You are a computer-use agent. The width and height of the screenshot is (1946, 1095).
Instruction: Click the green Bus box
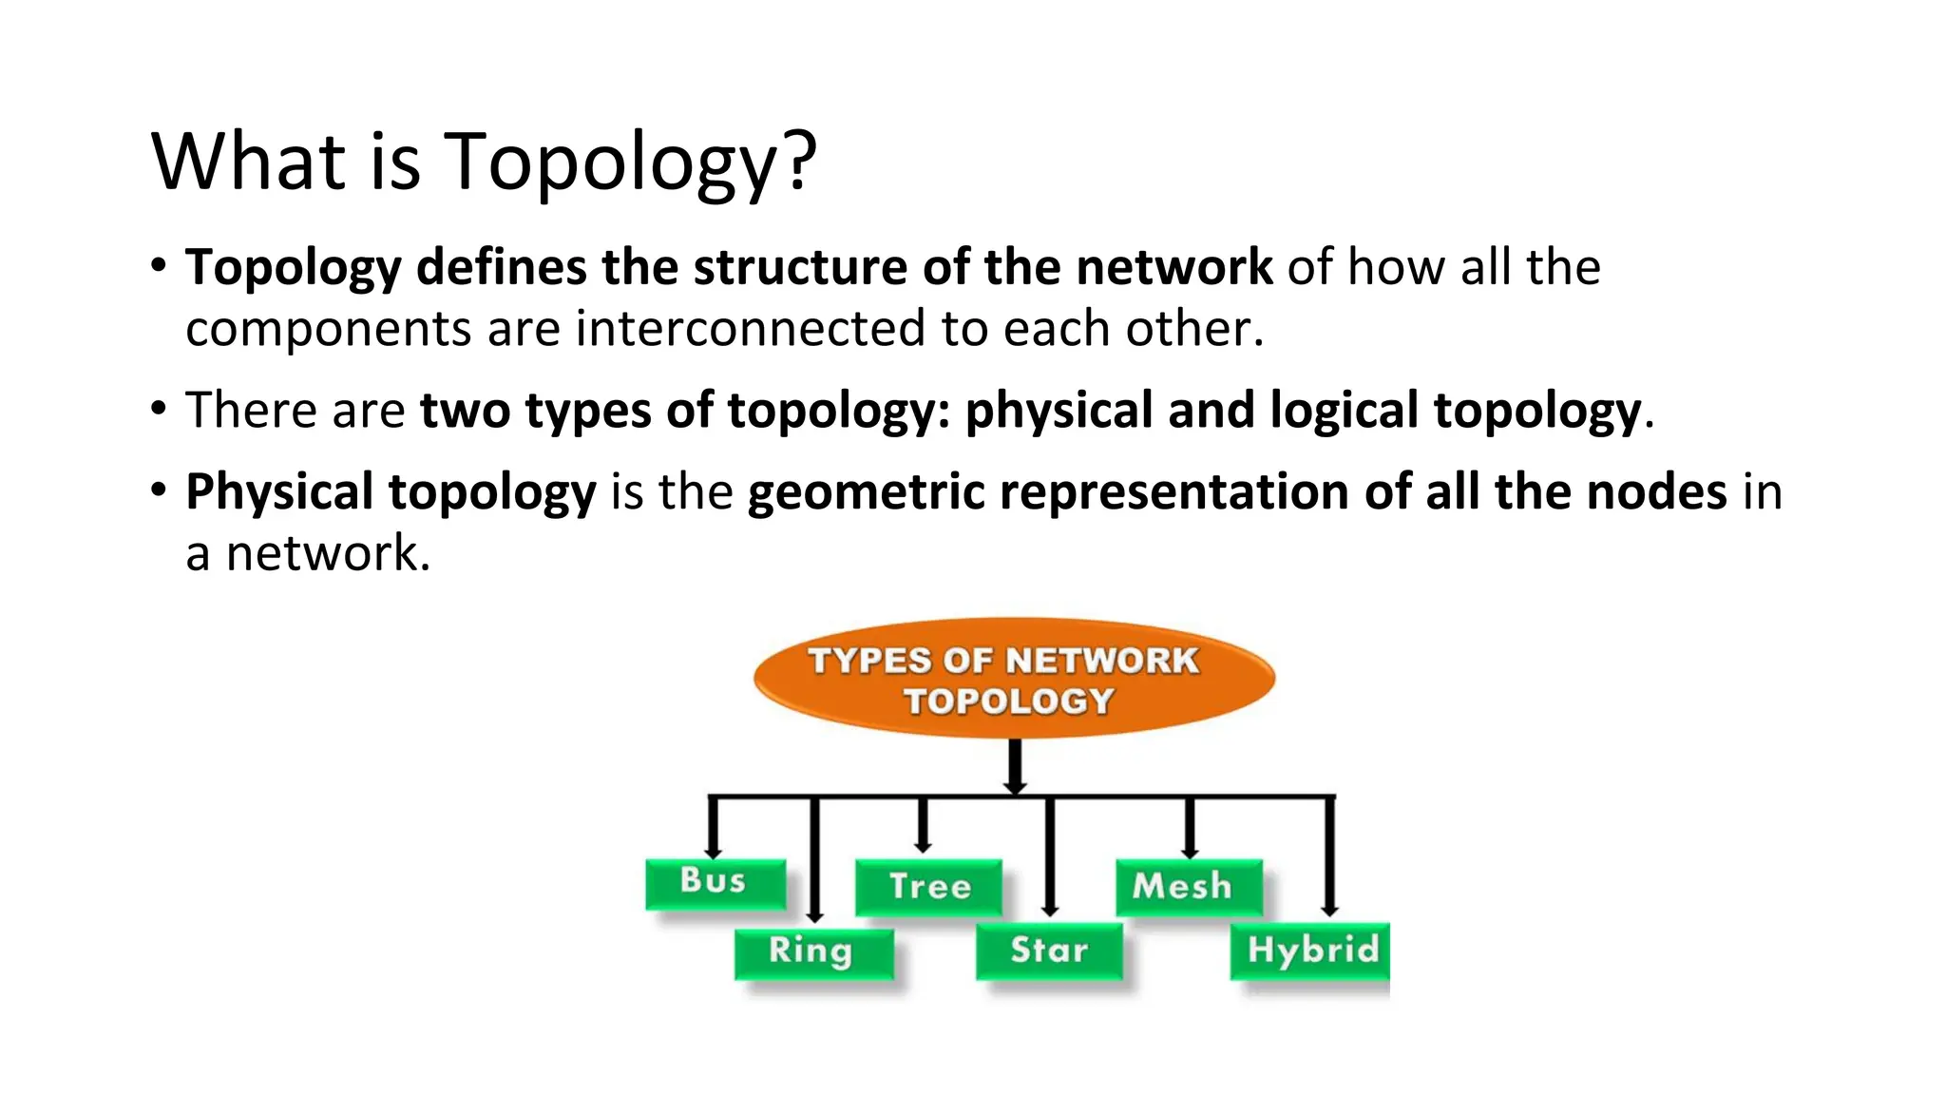[715, 882]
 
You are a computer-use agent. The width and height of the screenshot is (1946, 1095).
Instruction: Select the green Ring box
[813, 952]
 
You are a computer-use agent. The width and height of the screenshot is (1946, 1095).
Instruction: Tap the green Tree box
[928, 887]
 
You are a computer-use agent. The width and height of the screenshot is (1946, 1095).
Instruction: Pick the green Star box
[1049, 951]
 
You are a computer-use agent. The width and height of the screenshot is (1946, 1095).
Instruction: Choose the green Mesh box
[1188, 887]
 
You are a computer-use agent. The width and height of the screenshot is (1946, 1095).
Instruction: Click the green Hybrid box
[1309, 951]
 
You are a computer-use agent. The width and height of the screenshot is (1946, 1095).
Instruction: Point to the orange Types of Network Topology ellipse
[1013, 679]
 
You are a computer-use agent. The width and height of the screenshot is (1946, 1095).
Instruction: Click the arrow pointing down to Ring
[814, 860]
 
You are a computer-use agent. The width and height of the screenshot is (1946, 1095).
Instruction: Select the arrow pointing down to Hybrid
[1330, 855]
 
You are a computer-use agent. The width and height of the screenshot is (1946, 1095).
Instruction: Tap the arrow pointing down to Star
[1049, 855]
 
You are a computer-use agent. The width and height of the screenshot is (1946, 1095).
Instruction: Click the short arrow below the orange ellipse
[1015, 766]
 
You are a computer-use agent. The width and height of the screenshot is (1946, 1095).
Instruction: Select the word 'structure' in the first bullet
[801, 267]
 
